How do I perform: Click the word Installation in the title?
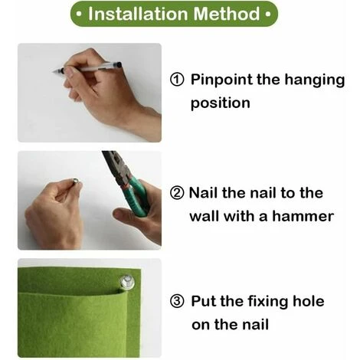pos(139,14)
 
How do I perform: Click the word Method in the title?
pos(227,14)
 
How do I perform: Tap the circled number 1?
pos(177,80)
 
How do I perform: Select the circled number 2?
pos(177,193)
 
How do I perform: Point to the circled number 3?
pos(177,301)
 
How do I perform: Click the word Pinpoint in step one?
pos(222,80)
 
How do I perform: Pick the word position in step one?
pos(221,103)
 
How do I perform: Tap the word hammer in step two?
pos(303,216)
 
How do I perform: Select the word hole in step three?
pos(309,301)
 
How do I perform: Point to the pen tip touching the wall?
pos(54,72)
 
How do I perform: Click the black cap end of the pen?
pos(118,65)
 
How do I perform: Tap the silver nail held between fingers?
pos(76,181)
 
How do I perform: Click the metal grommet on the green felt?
pos(127,283)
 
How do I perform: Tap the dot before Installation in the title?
pos(79,14)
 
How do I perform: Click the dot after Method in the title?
pos(268,14)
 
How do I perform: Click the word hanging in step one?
pos(315,80)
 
